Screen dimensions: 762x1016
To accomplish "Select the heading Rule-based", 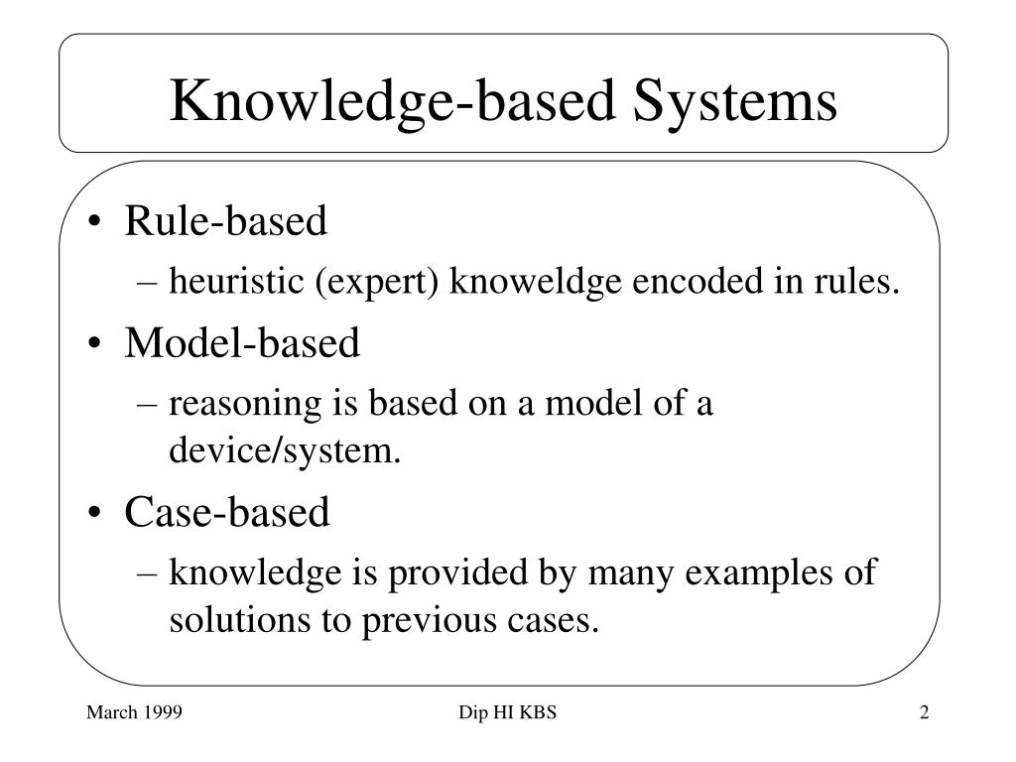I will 225,222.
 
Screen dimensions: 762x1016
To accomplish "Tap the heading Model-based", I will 242,344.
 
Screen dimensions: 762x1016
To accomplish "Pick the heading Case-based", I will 226,513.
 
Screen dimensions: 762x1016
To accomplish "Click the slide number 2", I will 924,713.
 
